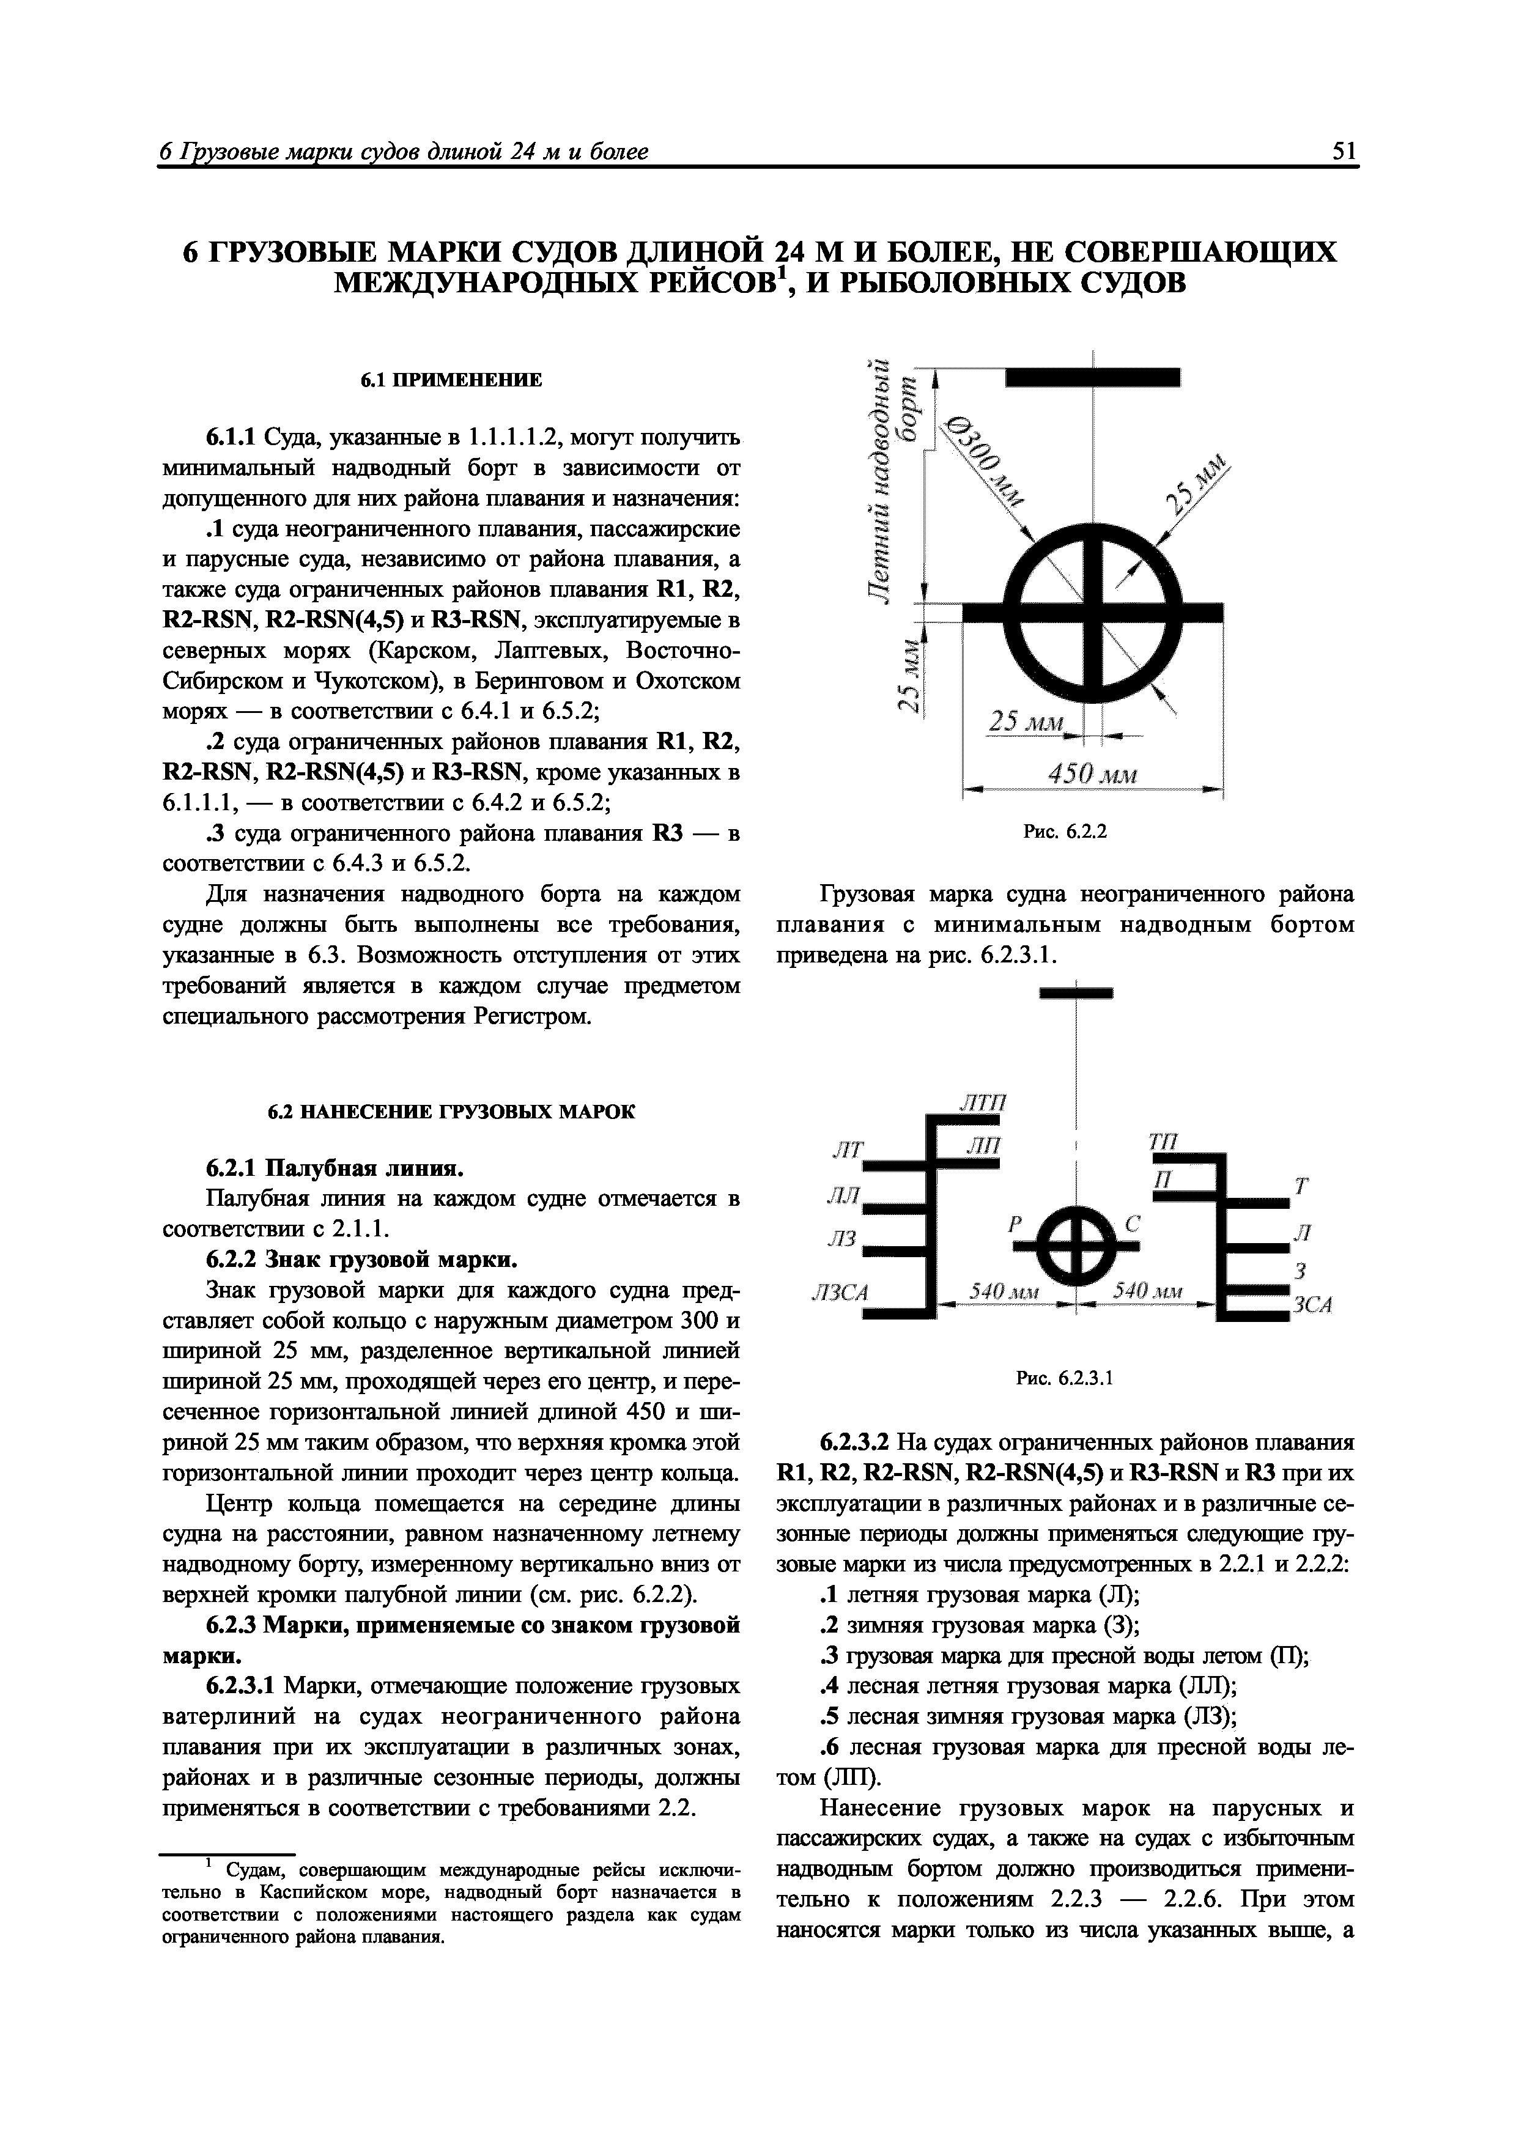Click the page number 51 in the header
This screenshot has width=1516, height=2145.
1344,152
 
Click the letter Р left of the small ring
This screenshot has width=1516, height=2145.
1016,1225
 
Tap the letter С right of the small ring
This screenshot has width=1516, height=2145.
1133,1224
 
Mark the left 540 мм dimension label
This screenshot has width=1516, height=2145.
999,1292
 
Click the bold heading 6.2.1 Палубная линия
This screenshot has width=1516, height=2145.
335,1168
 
